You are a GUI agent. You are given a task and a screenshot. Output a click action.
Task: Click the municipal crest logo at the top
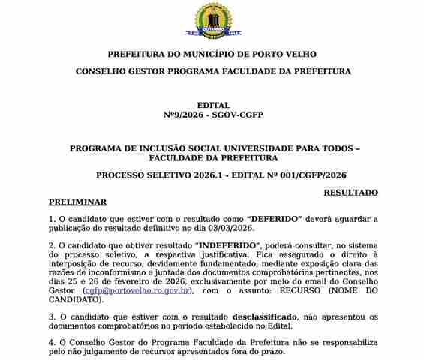tap(212, 20)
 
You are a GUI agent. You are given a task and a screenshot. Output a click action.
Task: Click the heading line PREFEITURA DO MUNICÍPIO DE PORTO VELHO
tap(212, 55)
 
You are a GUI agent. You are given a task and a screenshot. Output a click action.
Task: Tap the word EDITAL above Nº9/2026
tap(212, 105)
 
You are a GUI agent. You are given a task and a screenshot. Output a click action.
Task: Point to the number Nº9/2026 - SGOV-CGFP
tap(212, 115)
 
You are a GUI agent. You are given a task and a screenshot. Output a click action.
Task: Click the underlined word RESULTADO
tap(350, 193)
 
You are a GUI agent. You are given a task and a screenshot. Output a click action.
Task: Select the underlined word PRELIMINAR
tap(77, 202)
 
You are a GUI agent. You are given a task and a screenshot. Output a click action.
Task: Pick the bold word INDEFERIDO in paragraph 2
tap(227, 245)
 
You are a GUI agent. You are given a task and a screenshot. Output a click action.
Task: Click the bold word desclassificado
tap(264, 316)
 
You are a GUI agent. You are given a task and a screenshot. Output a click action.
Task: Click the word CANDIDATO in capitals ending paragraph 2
tap(75, 298)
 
